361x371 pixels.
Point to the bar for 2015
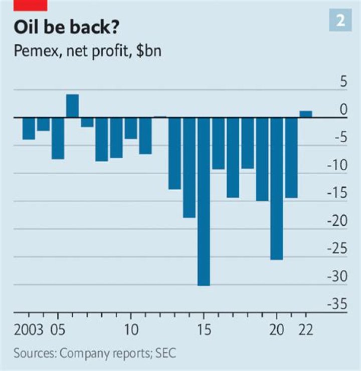pos(204,201)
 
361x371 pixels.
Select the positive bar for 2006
pos(73,106)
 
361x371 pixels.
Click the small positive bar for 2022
pos(306,114)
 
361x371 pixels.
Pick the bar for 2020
pos(277,188)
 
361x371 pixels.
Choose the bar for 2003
pos(29,129)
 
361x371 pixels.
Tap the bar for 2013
pos(174,153)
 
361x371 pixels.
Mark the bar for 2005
pos(58,138)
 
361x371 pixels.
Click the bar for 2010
pos(131,128)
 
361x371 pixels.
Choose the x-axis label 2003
pos(29,331)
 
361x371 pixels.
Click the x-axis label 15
pos(204,331)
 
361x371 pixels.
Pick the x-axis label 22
pos(306,331)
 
